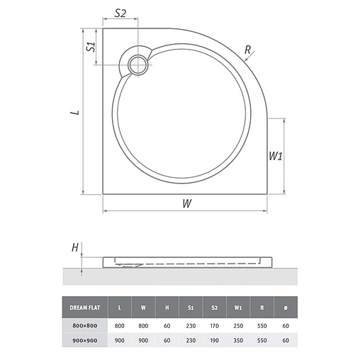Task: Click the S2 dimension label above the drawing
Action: (120, 13)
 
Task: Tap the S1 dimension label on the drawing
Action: (90, 47)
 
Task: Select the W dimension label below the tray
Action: (186, 203)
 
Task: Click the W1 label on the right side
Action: (276, 156)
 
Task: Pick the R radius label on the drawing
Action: (247, 50)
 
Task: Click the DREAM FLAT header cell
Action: (84, 308)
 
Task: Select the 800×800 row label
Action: (84, 324)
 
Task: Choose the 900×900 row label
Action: (84, 340)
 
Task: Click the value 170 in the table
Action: (214, 324)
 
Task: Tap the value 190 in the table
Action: (214, 340)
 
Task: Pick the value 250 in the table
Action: (238, 324)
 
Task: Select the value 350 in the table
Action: (238, 340)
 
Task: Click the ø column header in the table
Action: (286, 308)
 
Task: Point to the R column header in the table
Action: (261, 308)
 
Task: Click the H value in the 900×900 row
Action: (167, 340)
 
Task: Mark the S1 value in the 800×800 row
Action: (190, 324)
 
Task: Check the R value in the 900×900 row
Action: (261, 340)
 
